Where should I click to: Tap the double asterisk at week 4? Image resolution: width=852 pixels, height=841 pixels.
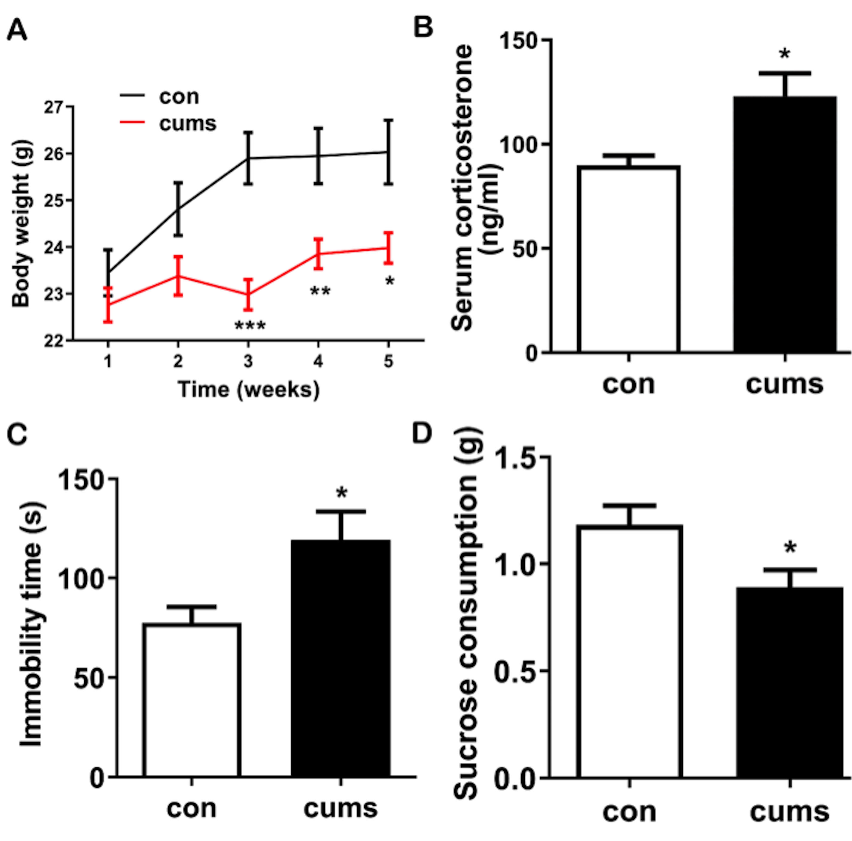coord(320,292)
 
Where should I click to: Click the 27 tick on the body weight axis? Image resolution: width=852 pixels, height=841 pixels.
coord(53,107)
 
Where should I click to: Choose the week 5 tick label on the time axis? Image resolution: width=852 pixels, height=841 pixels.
coord(388,362)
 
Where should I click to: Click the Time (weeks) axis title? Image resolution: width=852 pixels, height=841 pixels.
coord(248,389)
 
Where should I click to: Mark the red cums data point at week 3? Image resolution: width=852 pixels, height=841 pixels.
coord(248,294)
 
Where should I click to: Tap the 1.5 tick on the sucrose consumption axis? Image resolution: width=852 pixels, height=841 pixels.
coord(515,458)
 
